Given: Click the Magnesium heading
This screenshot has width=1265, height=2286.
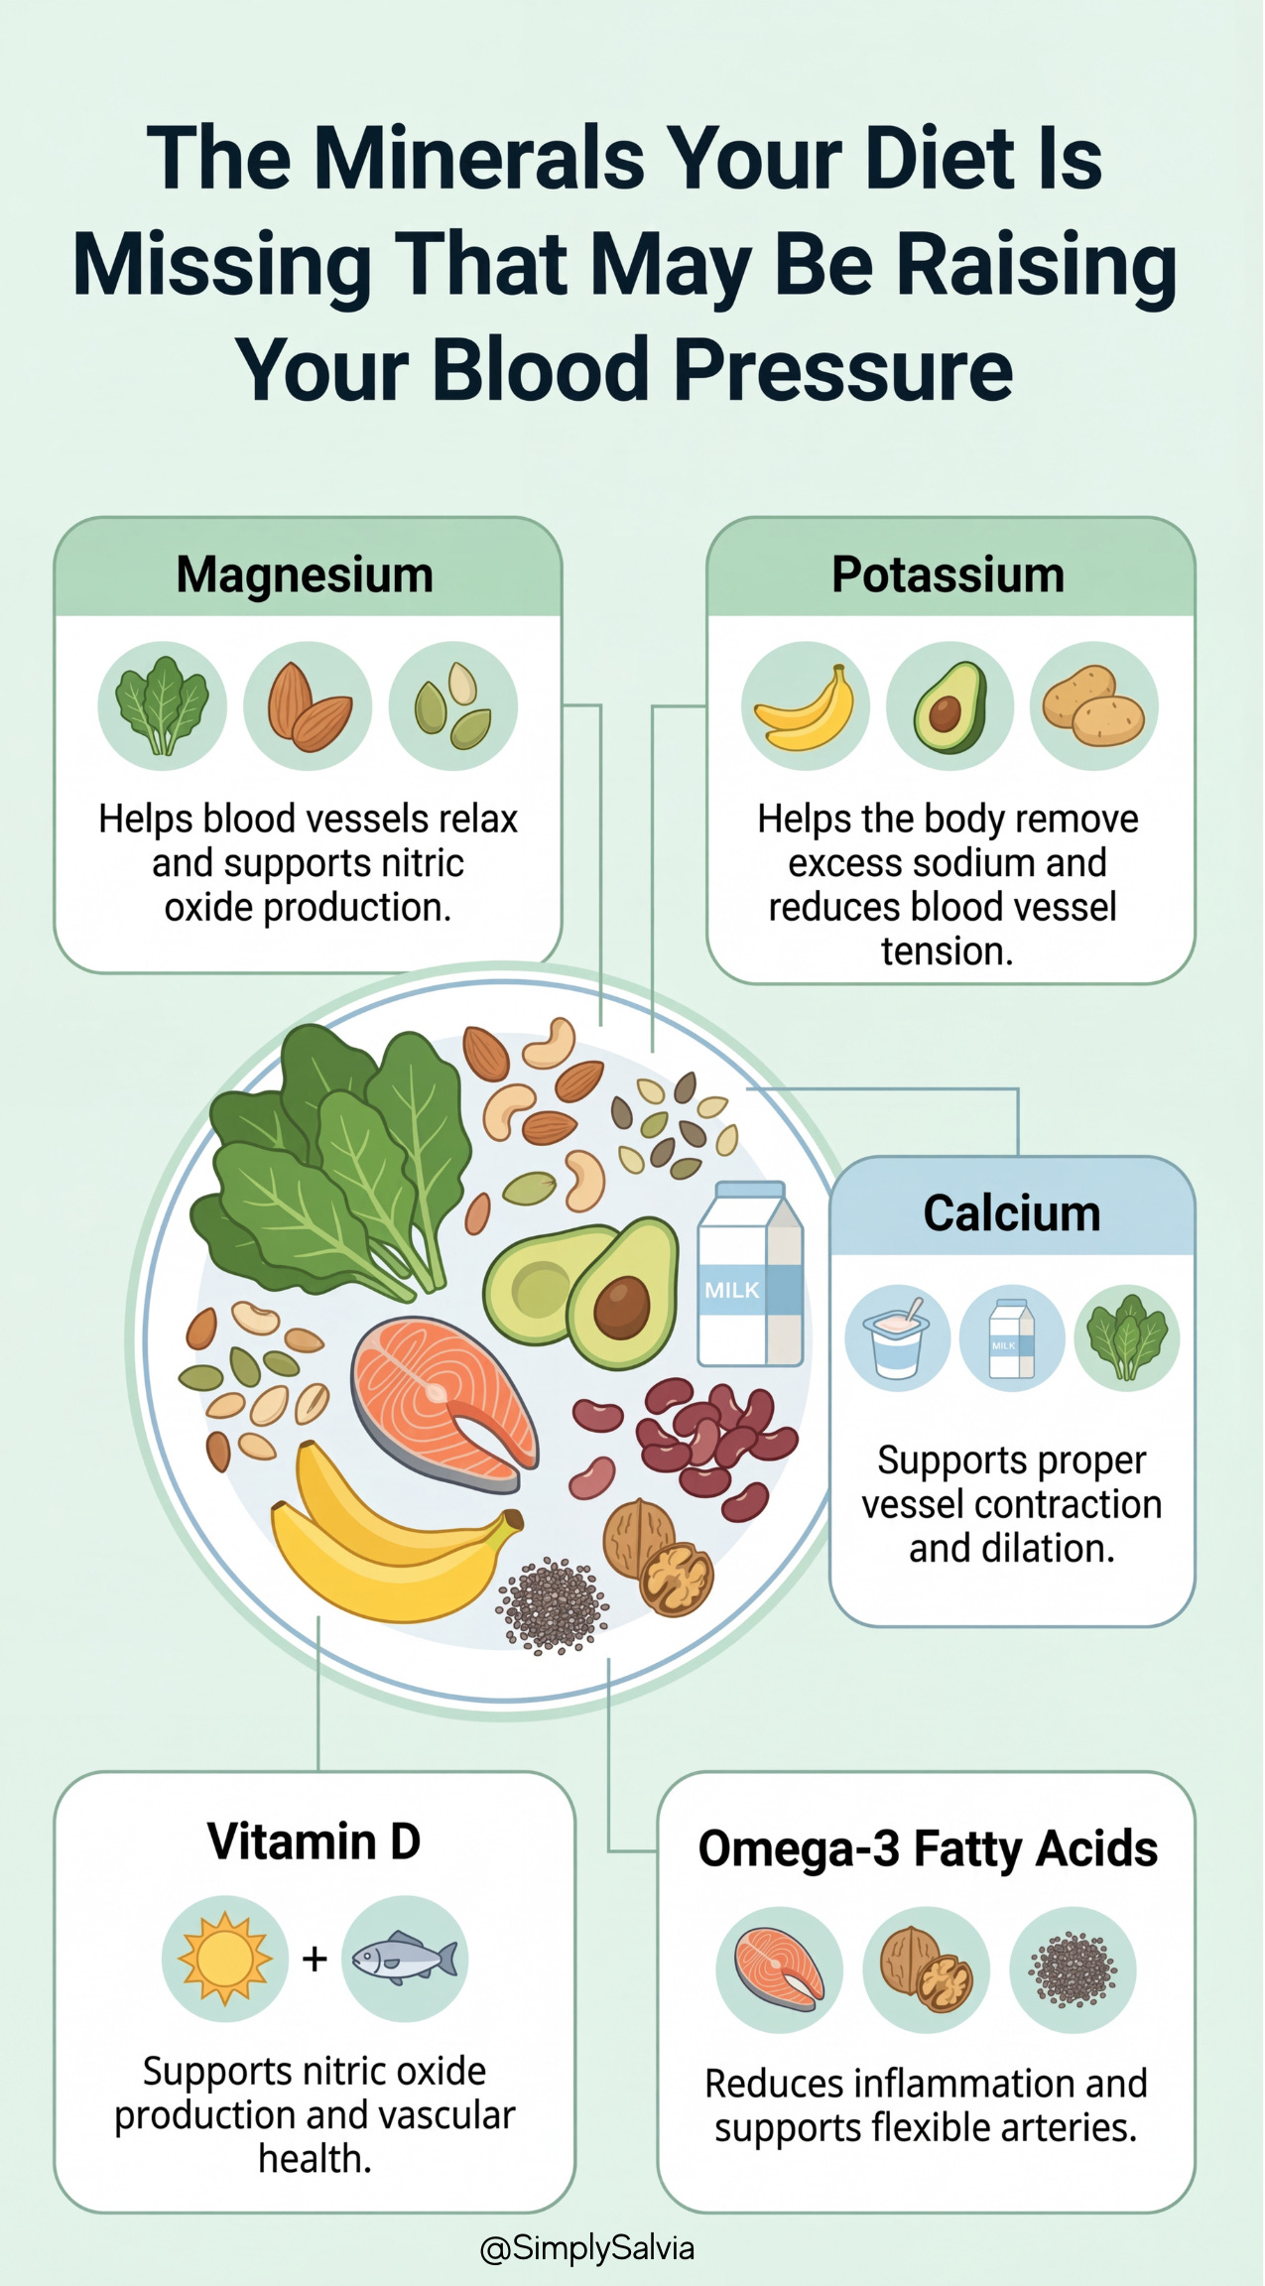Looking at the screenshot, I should [x=305, y=574].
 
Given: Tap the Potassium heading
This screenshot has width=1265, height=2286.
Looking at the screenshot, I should [x=948, y=574].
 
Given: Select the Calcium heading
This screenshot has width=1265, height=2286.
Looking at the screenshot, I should [x=1012, y=1212].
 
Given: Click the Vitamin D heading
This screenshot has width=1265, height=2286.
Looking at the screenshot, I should [x=314, y=1841].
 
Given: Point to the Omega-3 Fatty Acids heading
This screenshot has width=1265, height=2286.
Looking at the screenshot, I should [x=928, y=1848].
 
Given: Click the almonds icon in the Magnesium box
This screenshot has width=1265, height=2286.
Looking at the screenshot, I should [x=308, y=706].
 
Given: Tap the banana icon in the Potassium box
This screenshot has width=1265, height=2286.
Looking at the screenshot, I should [x=806, y=706].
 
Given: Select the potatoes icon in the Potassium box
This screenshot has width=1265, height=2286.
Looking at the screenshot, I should [x=1093, y=706].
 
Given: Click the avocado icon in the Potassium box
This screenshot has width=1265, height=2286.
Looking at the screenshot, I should [x=949, y=706].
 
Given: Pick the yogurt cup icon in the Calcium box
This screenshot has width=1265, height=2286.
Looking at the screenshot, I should [x=897, y=1337].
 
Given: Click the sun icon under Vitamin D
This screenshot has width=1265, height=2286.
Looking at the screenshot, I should [x=225, y=1959].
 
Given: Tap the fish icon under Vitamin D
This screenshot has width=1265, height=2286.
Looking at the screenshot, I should [x=405, y=1959].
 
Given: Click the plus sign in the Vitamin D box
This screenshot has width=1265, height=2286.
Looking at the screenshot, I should [x=315, y=1959].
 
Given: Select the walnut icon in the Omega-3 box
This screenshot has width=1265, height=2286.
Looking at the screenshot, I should [x=927, y=1970].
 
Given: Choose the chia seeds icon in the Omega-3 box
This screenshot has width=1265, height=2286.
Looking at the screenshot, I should [x=1073, y=1970].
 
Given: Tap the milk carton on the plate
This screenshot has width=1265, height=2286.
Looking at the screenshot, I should [x=749, y=1275].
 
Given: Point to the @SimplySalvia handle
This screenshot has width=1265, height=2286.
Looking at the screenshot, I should [x=586, y=2248].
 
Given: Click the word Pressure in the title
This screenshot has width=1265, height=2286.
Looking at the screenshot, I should [x=843, y=370].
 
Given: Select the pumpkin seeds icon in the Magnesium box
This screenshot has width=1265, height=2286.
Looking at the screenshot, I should [x=452, y=706].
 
